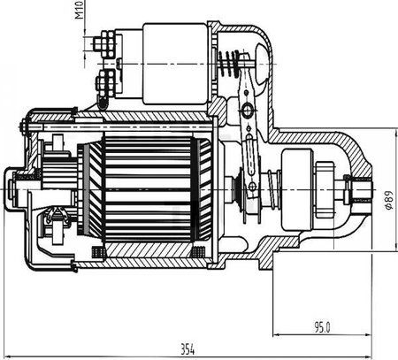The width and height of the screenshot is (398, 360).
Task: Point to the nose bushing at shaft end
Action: click(361, 189)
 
